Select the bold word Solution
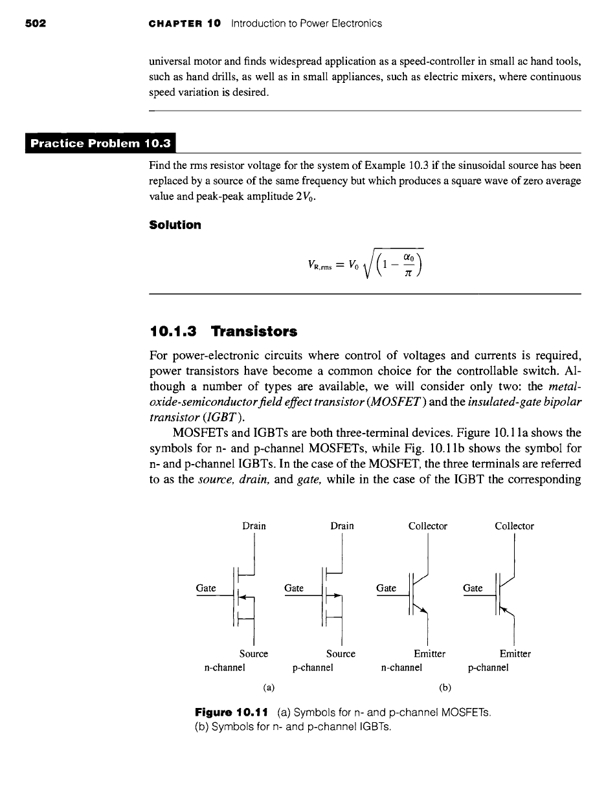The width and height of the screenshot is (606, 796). [175, 225]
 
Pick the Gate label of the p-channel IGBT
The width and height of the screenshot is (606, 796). [473, 588]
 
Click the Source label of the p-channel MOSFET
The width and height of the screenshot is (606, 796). [341, 654]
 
